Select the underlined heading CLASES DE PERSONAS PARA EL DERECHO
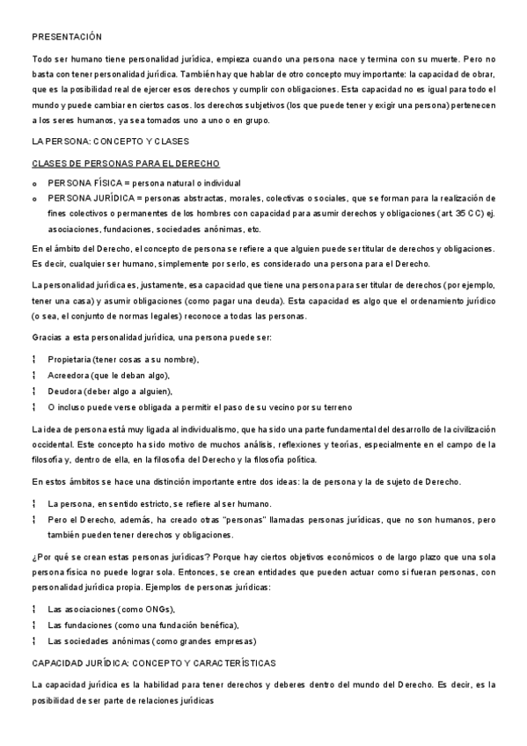point(126,164)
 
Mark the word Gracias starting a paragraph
point(48,338)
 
